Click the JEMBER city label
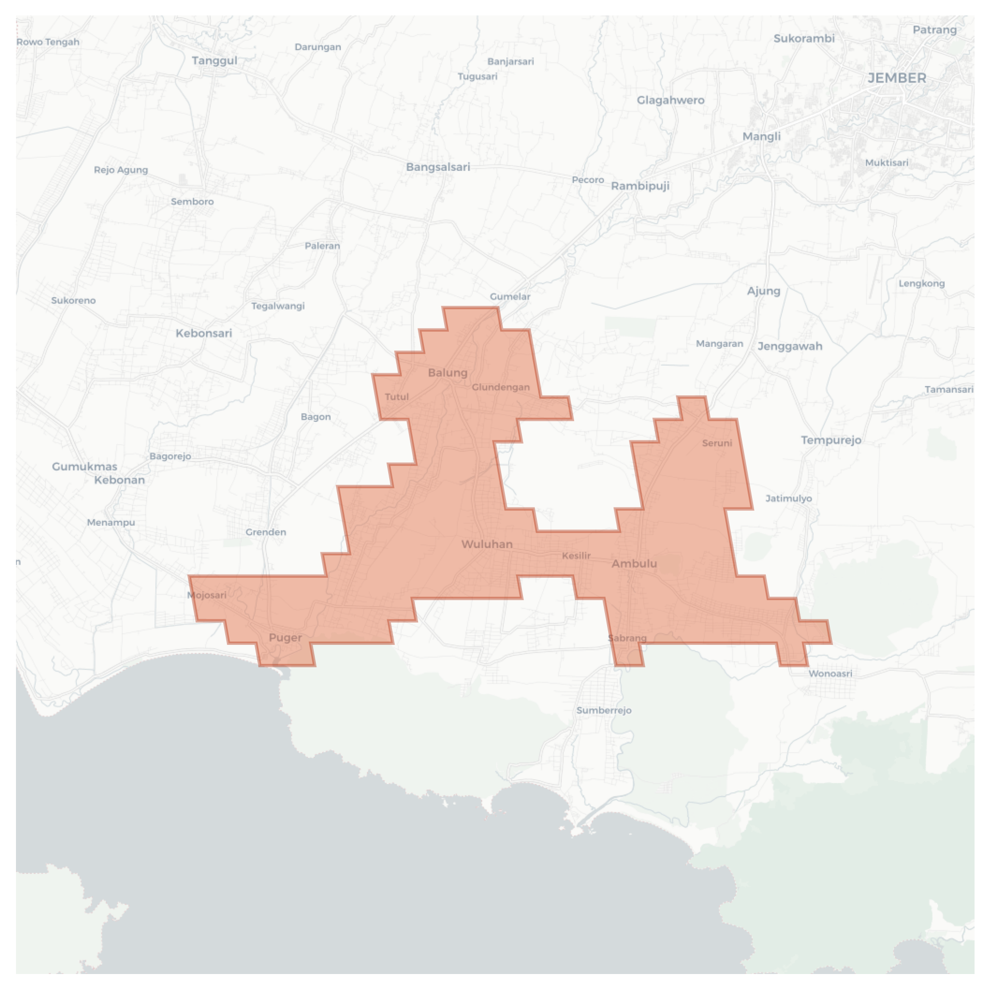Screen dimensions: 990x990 tap(897, 78)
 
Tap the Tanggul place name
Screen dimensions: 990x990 tap(215, 61)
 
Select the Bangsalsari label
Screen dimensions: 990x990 tap(438, 167)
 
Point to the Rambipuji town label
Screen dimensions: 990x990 tap(640, 186)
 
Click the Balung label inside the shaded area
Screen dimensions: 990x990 tap(447, 373)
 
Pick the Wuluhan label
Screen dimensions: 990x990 tap(487, 544)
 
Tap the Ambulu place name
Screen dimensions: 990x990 tap(634, 563)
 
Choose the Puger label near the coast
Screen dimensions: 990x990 tap(285, 637)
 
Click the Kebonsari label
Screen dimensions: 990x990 tap(204, 333)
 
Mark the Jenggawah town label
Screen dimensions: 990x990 tap(790, 346)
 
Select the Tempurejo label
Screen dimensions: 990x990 tap(831, 440)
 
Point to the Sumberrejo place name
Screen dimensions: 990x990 tap(604, 710)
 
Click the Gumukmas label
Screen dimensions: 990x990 tap(85, 467)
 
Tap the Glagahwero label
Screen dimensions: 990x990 tap(670, 100)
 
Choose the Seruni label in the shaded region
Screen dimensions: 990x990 tap(717, 443)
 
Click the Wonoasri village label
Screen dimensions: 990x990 tap(830, 674)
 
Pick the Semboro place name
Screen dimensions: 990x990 tap(192, 202)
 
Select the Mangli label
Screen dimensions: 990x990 tap(762, 136)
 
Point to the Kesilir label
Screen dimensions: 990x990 tap(576, 556)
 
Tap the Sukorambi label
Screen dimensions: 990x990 tap(804, 38)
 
